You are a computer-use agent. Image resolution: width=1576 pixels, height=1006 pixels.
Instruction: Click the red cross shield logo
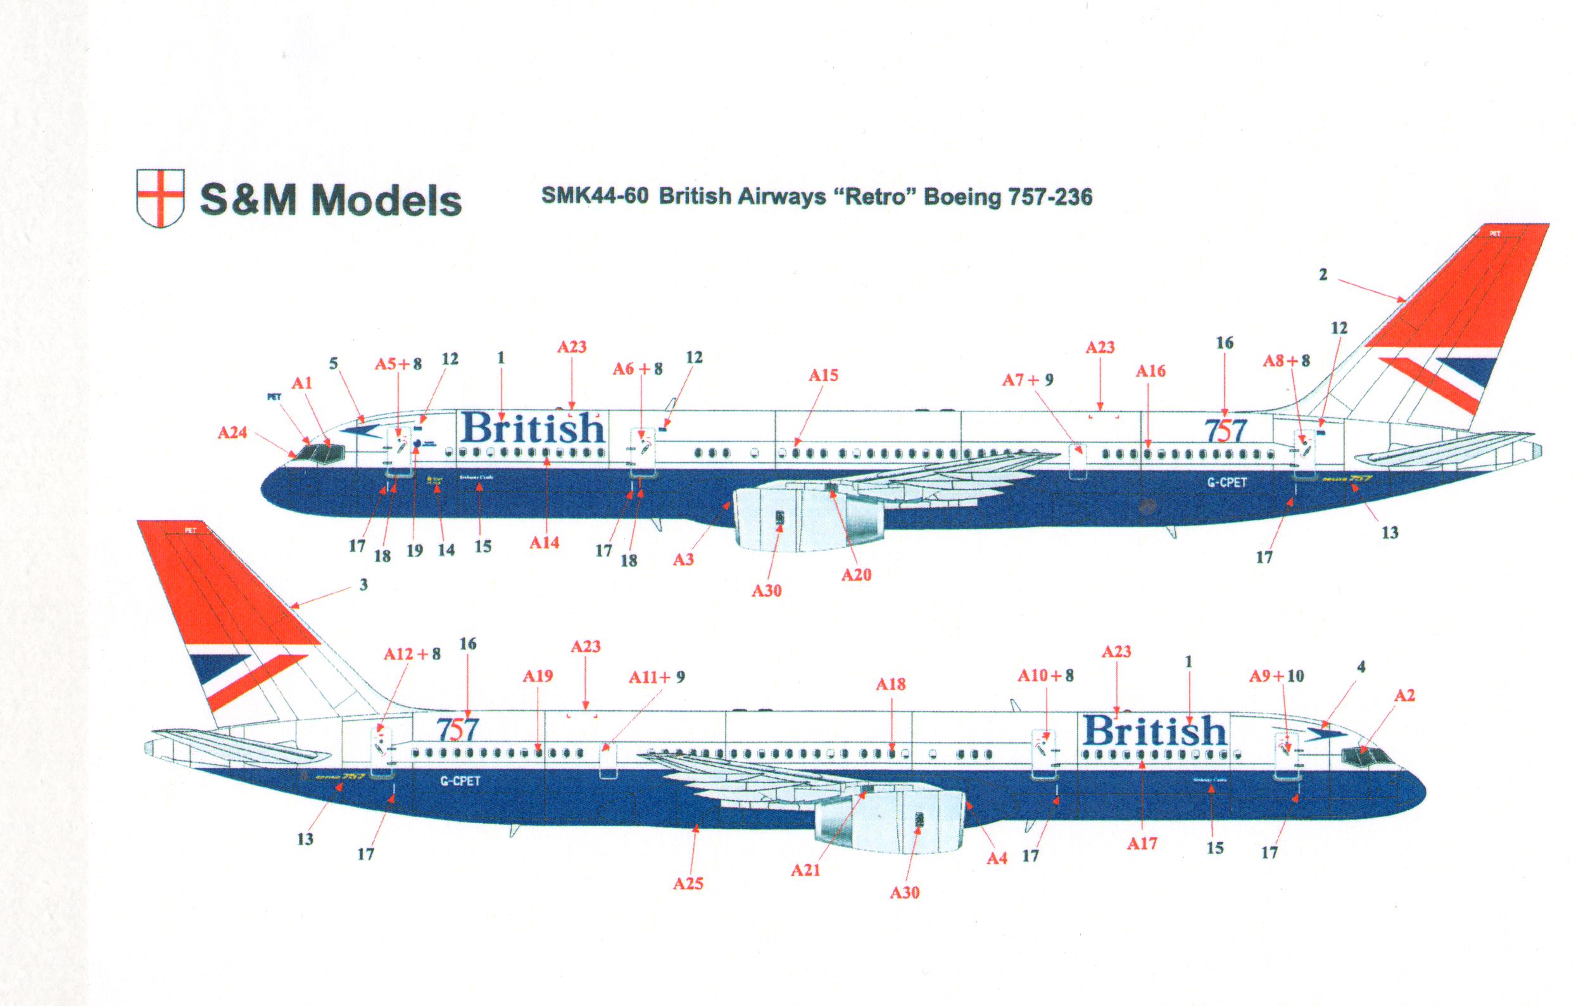coord(160,198)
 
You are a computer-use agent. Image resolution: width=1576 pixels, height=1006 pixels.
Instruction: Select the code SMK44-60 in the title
coord(595,196)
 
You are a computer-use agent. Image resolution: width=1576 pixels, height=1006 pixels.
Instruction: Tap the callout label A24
coord(232,432)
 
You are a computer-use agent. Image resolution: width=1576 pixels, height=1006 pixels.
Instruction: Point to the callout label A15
coord(823,375)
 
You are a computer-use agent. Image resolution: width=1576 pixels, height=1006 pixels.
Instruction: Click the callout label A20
coord(856,575)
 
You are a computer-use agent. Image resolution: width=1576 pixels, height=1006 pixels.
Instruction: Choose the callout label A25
coord(688,884)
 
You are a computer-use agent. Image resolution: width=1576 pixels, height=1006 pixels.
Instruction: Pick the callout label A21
coord(805,870)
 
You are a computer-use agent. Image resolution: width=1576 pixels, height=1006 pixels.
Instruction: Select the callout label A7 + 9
coord(1028,380)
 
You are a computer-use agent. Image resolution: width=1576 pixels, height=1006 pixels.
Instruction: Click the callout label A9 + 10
coord(1277,676)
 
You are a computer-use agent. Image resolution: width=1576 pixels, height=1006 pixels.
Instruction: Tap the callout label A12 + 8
coord(412,654)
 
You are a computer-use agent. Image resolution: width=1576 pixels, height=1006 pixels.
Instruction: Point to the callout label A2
coord(1404,695)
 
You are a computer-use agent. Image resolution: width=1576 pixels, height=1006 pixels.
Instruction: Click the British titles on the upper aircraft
coord(531,429)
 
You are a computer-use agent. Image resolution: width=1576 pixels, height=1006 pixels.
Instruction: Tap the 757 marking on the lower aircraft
coord(458,729)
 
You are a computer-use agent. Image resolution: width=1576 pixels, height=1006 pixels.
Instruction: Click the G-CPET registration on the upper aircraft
coord(1226,482)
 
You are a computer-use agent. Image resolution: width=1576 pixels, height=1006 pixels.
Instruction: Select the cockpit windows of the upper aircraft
coord(320,453)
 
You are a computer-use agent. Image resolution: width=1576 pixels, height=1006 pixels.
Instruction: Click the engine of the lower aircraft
coord(890,821)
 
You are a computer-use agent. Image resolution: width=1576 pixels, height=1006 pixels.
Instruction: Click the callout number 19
coord(414,550)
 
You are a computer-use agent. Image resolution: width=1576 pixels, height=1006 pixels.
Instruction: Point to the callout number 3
coord(363,584)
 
